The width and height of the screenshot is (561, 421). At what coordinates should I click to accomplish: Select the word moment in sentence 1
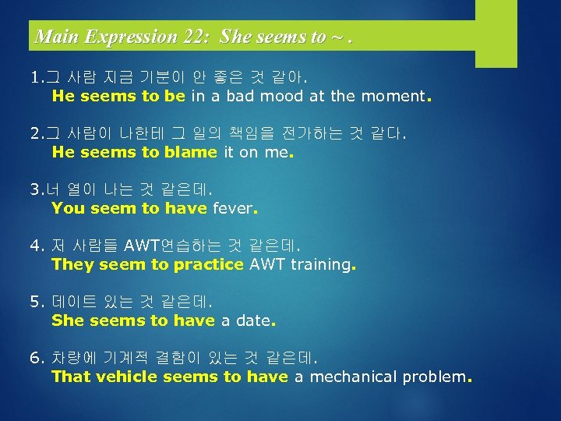click(x=392, y=97)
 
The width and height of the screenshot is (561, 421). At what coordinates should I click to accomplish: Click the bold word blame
click(x=191, y=153)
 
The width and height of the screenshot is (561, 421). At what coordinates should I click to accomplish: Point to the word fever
click(x=232, y=209)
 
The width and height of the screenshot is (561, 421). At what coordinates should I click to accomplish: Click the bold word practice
click(x=209, y=265)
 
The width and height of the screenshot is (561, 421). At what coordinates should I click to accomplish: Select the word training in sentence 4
click(x=321, y=265)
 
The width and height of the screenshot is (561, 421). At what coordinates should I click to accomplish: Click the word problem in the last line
click(x=434, y=377)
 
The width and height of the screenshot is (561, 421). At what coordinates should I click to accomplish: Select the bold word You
click(x=68, y=209)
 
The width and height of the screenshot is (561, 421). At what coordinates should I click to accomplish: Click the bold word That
click(x=70, y=377)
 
